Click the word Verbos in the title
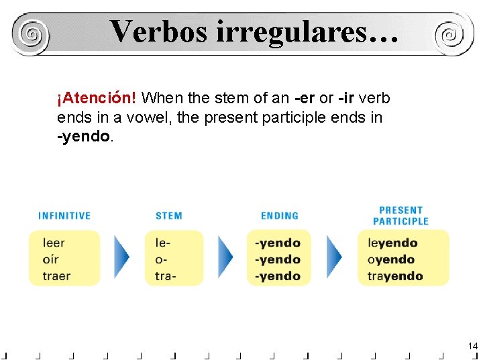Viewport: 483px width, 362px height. point(158,31)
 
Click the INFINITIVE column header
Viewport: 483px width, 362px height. point(64,216)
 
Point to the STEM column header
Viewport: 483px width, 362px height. point(169,216)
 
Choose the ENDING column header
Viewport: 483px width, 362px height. point(280,216)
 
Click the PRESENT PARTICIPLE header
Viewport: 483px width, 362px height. point(400,215)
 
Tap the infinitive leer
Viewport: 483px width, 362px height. point(54,243)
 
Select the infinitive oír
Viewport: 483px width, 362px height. point(51,259)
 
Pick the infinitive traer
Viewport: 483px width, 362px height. point(56,276)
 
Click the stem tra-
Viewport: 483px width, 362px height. point(166,276)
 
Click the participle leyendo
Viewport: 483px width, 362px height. point(392,243)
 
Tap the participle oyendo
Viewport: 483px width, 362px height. point(391,259)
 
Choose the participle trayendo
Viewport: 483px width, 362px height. point(395,276)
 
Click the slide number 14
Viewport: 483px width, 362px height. point(473,346)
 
